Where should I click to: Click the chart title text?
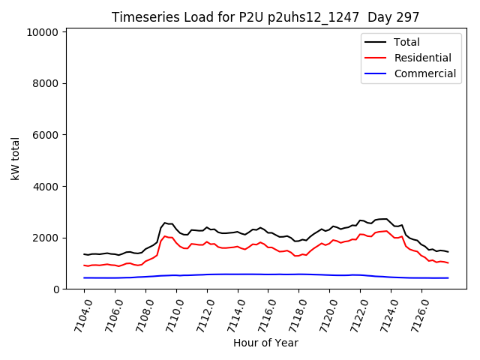point(265,17)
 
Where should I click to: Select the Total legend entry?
point(406,42)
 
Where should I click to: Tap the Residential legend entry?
point(422,58)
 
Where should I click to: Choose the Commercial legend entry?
point(424,73)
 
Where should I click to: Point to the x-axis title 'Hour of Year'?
point(265,343)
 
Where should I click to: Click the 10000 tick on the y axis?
point(42,32)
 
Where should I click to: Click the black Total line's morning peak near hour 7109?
point(165,223)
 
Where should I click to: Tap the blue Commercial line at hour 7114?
point(238,274)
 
